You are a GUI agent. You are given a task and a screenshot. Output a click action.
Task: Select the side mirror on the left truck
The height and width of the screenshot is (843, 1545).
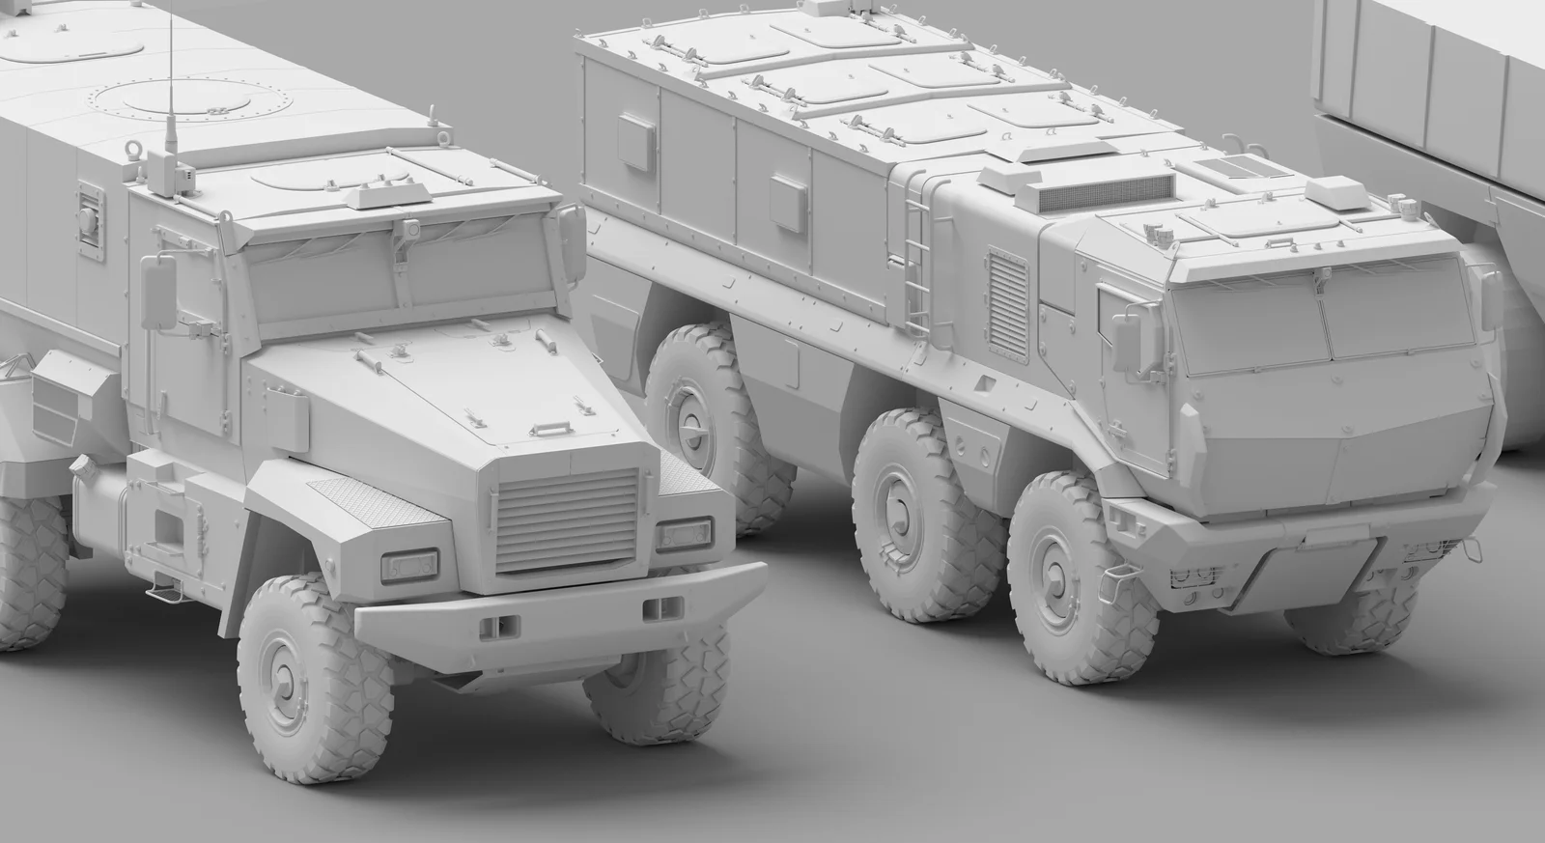pyautogui.click(x=157, y=291)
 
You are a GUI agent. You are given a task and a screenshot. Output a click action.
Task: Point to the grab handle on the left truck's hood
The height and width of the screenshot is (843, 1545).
pyautogui.click(x=554, y=427)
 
